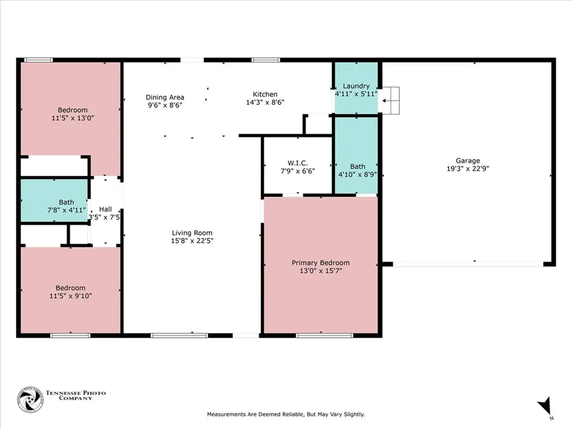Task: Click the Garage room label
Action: (x=468, y=160)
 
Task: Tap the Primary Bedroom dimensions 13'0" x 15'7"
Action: (x=321, y=271)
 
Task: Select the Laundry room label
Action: (x=356, y=86)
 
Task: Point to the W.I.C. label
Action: (x=298, y=163)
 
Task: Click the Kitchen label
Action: (x=265, y=94)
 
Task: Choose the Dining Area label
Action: (x=165, y=97)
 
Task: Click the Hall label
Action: (x=105, y=209)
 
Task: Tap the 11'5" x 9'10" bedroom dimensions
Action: (x=70, y=296)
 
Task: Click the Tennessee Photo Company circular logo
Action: (x=30, y=400)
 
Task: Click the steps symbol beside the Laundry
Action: (x=392, y=100)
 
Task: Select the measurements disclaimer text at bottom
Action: (x=285, y=414)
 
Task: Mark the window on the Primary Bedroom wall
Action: (x=324, y=335)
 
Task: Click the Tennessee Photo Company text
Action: (x=76, y=395)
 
